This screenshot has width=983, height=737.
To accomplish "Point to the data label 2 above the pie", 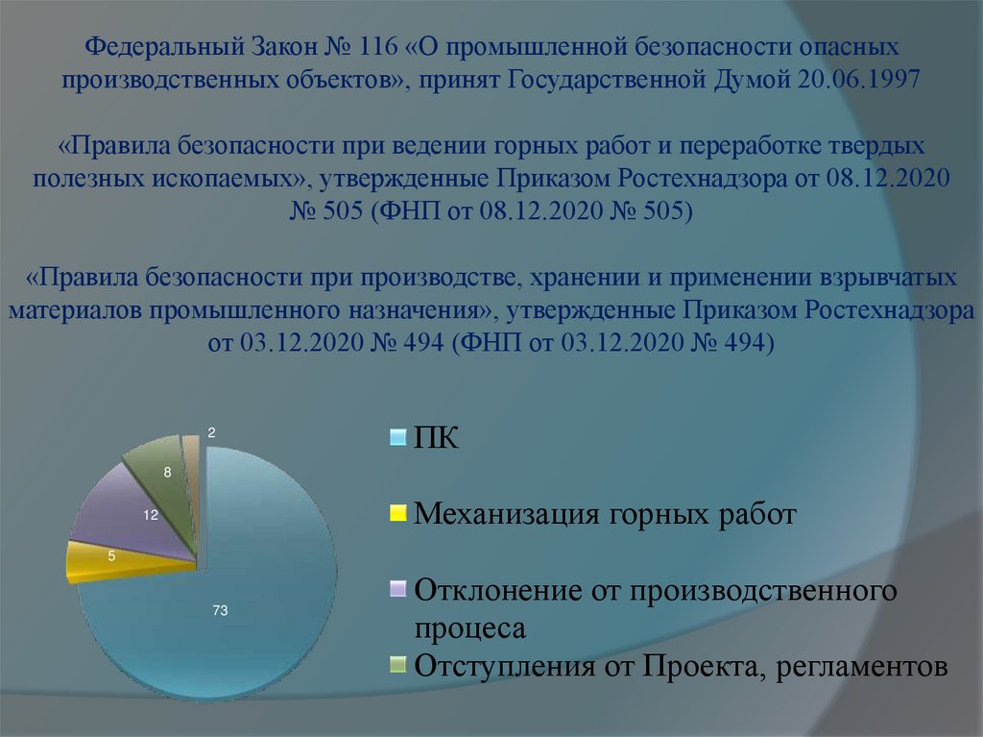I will [x=210, y=434].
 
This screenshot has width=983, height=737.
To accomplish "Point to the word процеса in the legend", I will [x=470, y=629].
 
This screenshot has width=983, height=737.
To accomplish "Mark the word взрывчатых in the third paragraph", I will [x=889, y=279].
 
